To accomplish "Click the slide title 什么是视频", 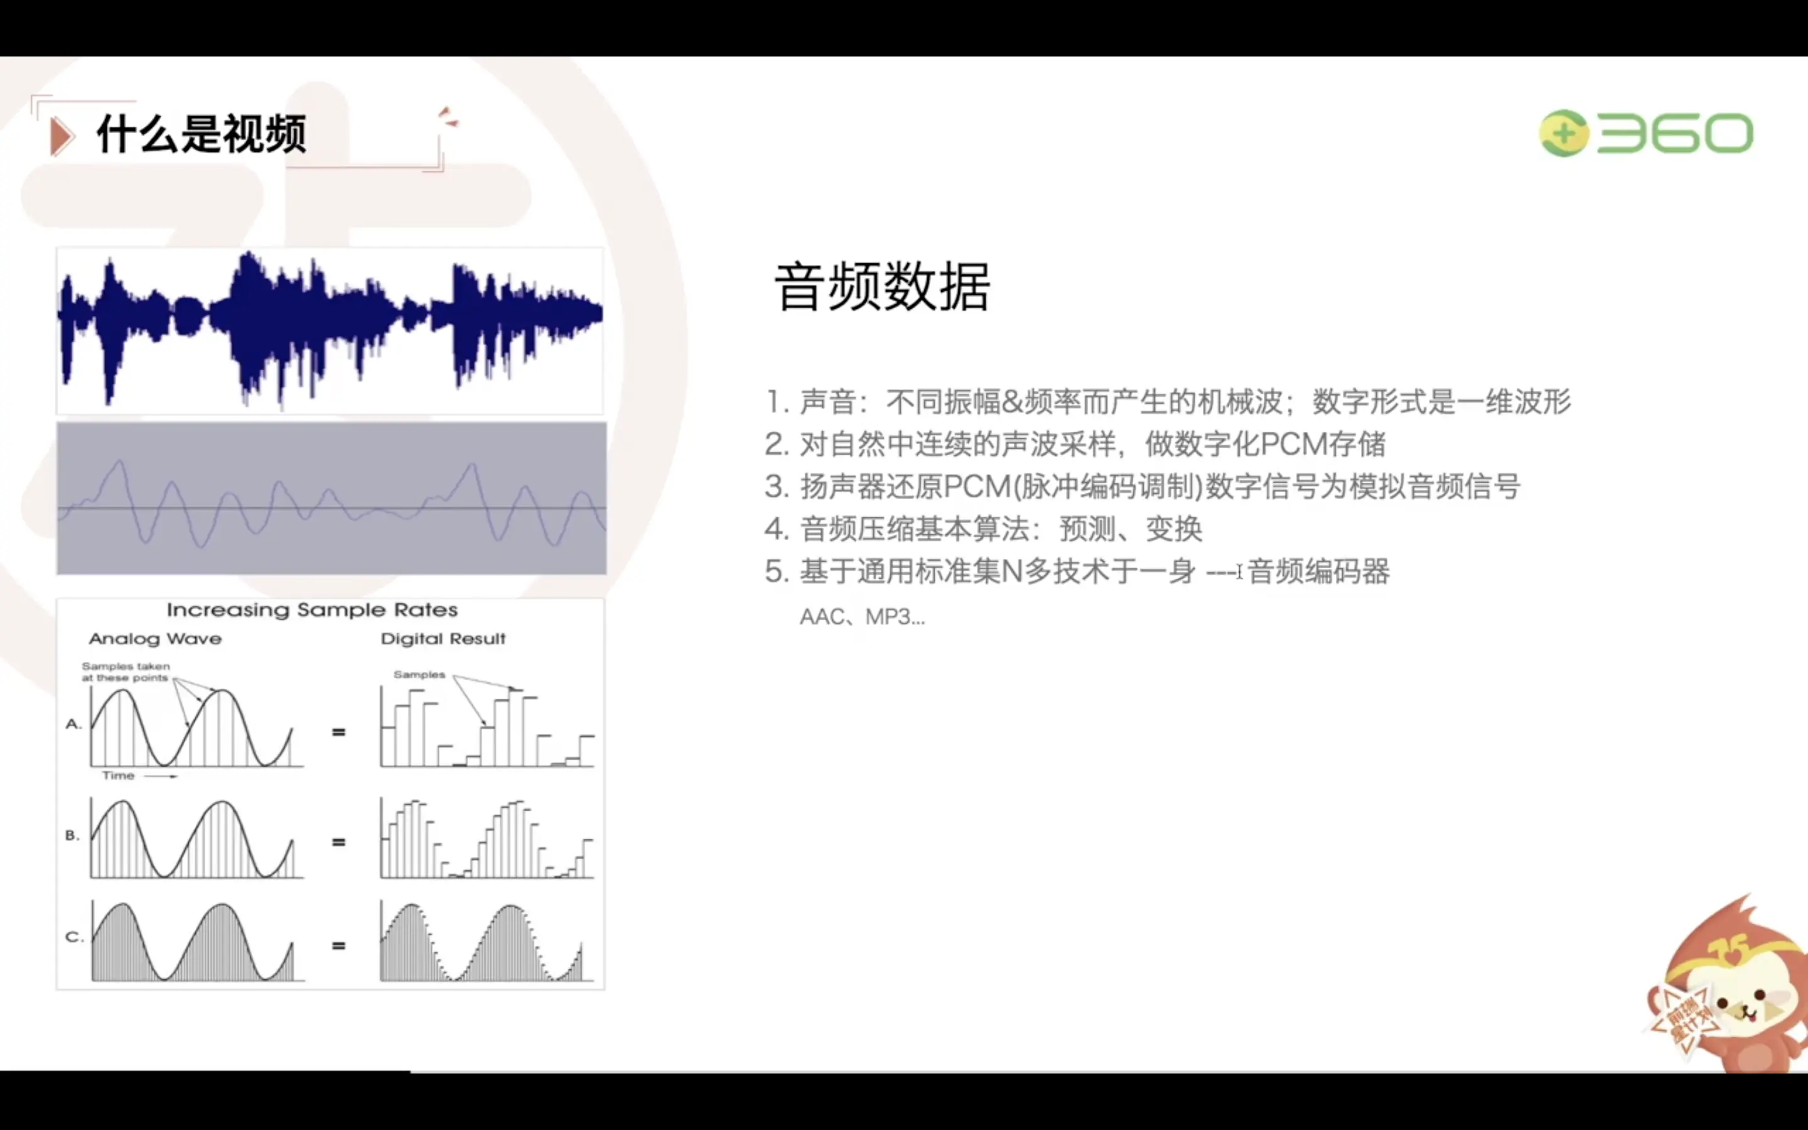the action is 202,134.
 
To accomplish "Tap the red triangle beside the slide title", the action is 62,137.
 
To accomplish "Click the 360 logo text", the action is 1674,134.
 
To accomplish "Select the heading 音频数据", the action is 882,287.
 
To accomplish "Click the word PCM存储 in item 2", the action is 1322,444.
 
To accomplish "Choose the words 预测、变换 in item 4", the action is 1131,529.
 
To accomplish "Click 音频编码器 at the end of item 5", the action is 1318,572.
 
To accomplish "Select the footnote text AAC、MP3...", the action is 862,617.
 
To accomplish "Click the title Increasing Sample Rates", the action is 312,610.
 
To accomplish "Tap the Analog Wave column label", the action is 156,639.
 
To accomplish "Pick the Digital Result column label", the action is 443,639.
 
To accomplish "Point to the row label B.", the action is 72,835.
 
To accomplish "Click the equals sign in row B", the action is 338,842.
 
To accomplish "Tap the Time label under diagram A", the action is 118,776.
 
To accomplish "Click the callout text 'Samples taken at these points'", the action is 126,672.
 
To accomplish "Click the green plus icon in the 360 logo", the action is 1564,134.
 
